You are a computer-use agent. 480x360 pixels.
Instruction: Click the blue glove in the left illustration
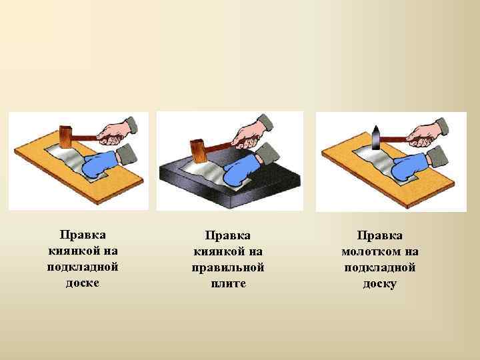(99, 163)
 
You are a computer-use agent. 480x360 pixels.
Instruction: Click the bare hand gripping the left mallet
(120, 131)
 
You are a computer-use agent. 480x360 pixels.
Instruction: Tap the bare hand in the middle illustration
(256, 131)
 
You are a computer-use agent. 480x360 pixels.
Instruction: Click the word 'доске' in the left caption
(83, 283)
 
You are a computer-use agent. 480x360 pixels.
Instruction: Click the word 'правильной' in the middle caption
(228, 267)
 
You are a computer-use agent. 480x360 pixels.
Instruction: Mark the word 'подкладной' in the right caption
(379, 267)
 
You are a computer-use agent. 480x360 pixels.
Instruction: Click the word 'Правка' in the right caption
(379, 235)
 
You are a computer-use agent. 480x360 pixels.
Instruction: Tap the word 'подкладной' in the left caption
(83, 267)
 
